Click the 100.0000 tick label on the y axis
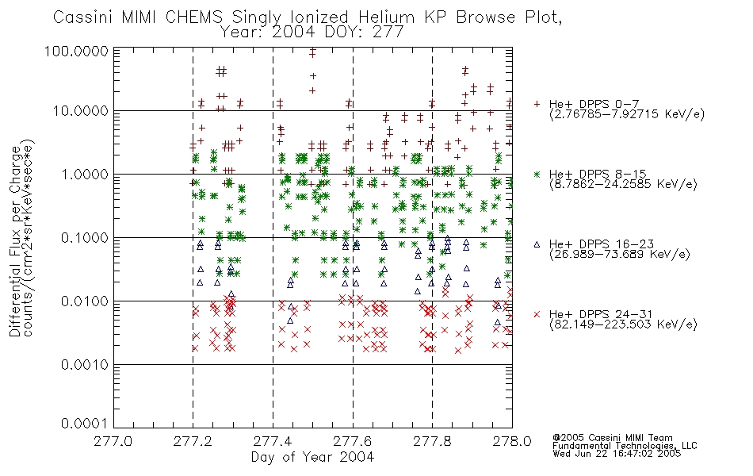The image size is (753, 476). click(76, 51)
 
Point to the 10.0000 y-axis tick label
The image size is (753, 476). click(81, 111)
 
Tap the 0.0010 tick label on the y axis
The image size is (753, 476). click(85, 365)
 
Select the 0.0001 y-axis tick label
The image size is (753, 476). click(85, 424)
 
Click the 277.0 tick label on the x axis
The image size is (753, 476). click(113, 441)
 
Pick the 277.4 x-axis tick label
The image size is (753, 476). click(273, 441)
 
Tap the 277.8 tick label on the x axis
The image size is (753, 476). click(432, 441)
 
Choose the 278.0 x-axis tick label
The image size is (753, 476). click(512, 441)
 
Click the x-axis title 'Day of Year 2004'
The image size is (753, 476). click(312, 457)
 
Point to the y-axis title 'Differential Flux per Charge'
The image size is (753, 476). click(15, 241)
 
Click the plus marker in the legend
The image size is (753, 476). click(537, 104)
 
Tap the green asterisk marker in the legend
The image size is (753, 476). click(537, 174)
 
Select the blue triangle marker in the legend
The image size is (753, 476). click(537, 244)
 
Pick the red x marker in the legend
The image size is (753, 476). click(537, 314)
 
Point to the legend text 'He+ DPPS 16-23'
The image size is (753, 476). click(602, 244)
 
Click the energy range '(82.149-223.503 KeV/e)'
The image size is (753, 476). click(623, 324)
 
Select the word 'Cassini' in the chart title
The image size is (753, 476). click(83, 17)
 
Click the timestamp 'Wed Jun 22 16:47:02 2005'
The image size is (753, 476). click(617, 453)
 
